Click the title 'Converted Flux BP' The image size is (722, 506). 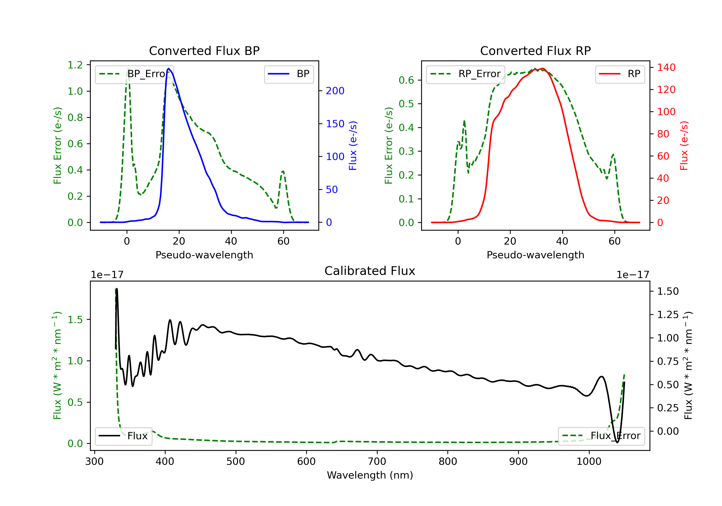(204, 51)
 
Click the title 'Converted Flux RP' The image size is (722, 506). (535, 51)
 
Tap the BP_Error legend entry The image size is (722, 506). (134, 74)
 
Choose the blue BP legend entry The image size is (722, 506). (289, 74)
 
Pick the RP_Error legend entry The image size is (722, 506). (465, 74)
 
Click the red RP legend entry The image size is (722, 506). (620, 74)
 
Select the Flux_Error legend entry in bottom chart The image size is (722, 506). (601, 436)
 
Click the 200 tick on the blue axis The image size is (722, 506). (335, 91)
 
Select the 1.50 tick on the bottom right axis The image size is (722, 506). (668, 291)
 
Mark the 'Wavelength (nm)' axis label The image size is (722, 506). (370, 475)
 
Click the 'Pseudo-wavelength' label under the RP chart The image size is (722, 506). (535, 255)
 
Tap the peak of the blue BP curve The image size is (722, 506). (168, 68)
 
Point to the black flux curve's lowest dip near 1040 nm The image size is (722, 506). (617, 442)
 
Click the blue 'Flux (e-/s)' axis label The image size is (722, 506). (353, 146)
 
